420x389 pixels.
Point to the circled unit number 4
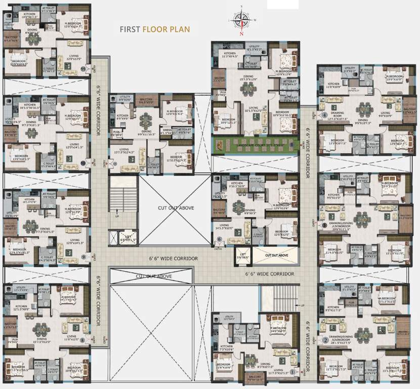click(x=324, y=114)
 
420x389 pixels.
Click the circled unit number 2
click(x=325, y=340)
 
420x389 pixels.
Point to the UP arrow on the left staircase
click(x=118, y=216)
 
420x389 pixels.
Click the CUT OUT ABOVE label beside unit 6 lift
click(x=277, y=256)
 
